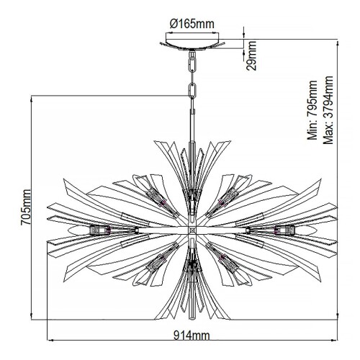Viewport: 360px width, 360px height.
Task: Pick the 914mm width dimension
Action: [192, 334]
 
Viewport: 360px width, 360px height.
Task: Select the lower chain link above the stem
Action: [192, 91]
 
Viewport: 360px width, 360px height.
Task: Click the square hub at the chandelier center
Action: [192, 230]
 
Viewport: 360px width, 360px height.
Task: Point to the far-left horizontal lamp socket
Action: [100, 230]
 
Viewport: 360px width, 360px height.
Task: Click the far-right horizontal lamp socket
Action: [285, 230]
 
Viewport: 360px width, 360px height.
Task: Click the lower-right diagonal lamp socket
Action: [232, 264]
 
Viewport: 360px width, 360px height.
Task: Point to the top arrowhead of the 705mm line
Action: [32, 100]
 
